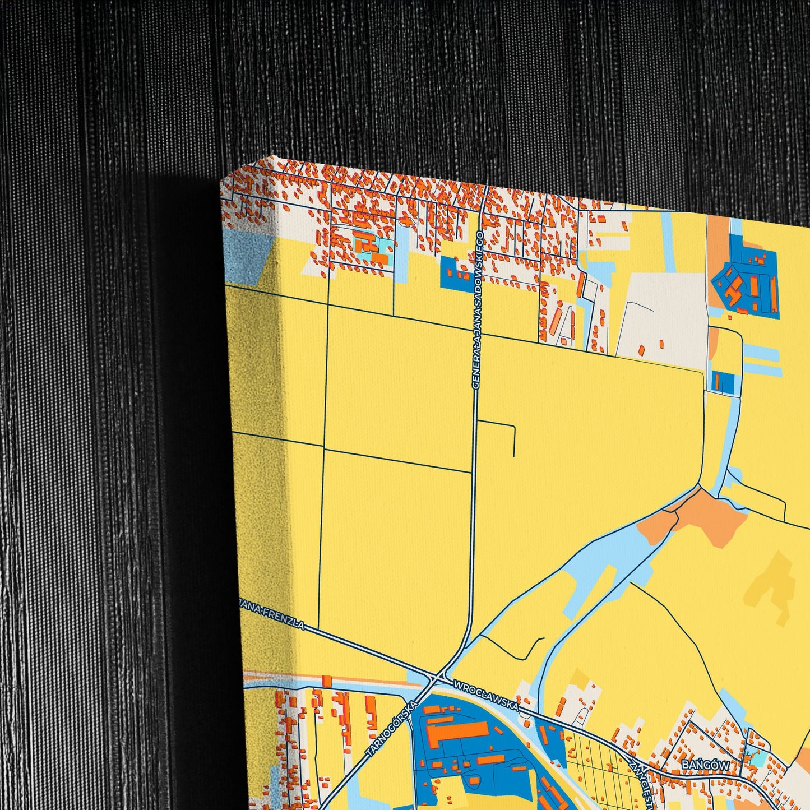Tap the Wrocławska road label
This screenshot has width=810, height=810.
pos(486,696)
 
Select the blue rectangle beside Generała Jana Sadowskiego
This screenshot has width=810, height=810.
pos(456,274)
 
